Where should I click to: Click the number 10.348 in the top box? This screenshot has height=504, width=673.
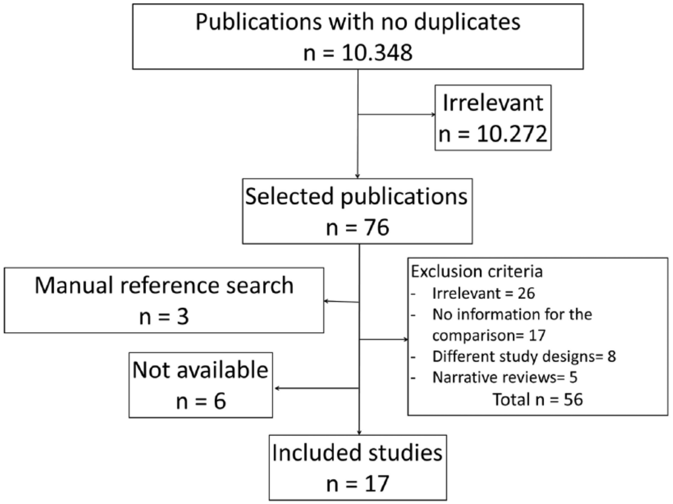point(377,53)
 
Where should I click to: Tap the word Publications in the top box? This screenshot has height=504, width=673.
point(259,22)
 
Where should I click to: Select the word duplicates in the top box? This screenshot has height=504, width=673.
point(467,22)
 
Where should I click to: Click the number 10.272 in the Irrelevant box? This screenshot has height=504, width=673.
point(512,134)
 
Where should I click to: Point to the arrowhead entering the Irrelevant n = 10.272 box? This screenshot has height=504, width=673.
point(433,115)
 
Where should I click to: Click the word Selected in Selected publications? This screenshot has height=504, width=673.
point(289,196)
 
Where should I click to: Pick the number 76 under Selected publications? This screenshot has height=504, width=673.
point(376,227)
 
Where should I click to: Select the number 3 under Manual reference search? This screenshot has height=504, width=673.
point(183,316)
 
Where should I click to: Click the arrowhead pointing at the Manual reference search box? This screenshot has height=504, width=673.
point(327,301)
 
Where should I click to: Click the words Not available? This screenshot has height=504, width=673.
point(201,370)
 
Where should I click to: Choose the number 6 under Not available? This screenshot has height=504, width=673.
point(220,401)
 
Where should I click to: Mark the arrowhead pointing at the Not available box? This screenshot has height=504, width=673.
point(277,389)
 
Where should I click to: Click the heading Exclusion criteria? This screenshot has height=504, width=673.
point(477,271)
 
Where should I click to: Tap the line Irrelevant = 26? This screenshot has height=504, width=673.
point(483,293)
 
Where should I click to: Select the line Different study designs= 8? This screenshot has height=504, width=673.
point(524,356)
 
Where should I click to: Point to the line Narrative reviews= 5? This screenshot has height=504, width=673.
point(505,377)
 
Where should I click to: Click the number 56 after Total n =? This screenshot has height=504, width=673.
point(573,400)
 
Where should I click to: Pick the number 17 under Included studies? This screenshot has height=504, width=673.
point(377,484)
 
